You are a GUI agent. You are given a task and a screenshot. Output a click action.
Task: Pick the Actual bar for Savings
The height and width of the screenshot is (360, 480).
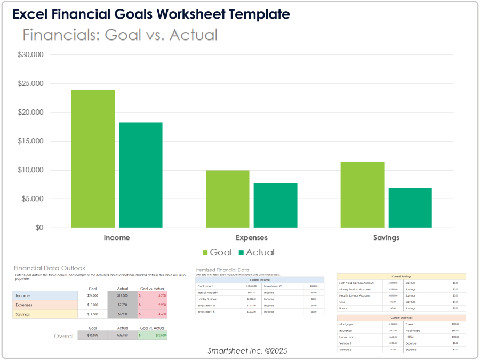click(410, 208)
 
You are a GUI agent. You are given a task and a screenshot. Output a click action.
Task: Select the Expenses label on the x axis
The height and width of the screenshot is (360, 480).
click(251, 238)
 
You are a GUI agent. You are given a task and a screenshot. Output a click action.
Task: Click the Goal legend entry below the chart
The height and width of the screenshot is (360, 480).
click(217, 252)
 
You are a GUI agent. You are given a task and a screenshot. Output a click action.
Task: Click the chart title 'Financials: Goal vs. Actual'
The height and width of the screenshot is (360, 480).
click(120, 35)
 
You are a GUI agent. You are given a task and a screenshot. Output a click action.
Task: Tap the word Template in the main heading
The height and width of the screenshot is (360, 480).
click(254, 14)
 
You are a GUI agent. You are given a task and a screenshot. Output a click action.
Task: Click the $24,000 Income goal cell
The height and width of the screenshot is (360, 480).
click(92, 295)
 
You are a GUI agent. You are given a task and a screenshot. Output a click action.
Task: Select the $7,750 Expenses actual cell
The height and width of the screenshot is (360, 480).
click(122, 305)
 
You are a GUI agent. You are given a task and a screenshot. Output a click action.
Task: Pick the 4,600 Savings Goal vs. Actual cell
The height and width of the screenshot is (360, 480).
click(153, 315)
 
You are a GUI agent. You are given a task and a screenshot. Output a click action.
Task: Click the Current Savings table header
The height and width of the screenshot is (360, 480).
click(402, 276)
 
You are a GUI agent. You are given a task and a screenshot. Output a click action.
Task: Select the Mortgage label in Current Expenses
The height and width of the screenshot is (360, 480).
click(346, 324)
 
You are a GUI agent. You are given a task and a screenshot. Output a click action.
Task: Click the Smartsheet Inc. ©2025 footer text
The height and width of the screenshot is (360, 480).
click(247, 351)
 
